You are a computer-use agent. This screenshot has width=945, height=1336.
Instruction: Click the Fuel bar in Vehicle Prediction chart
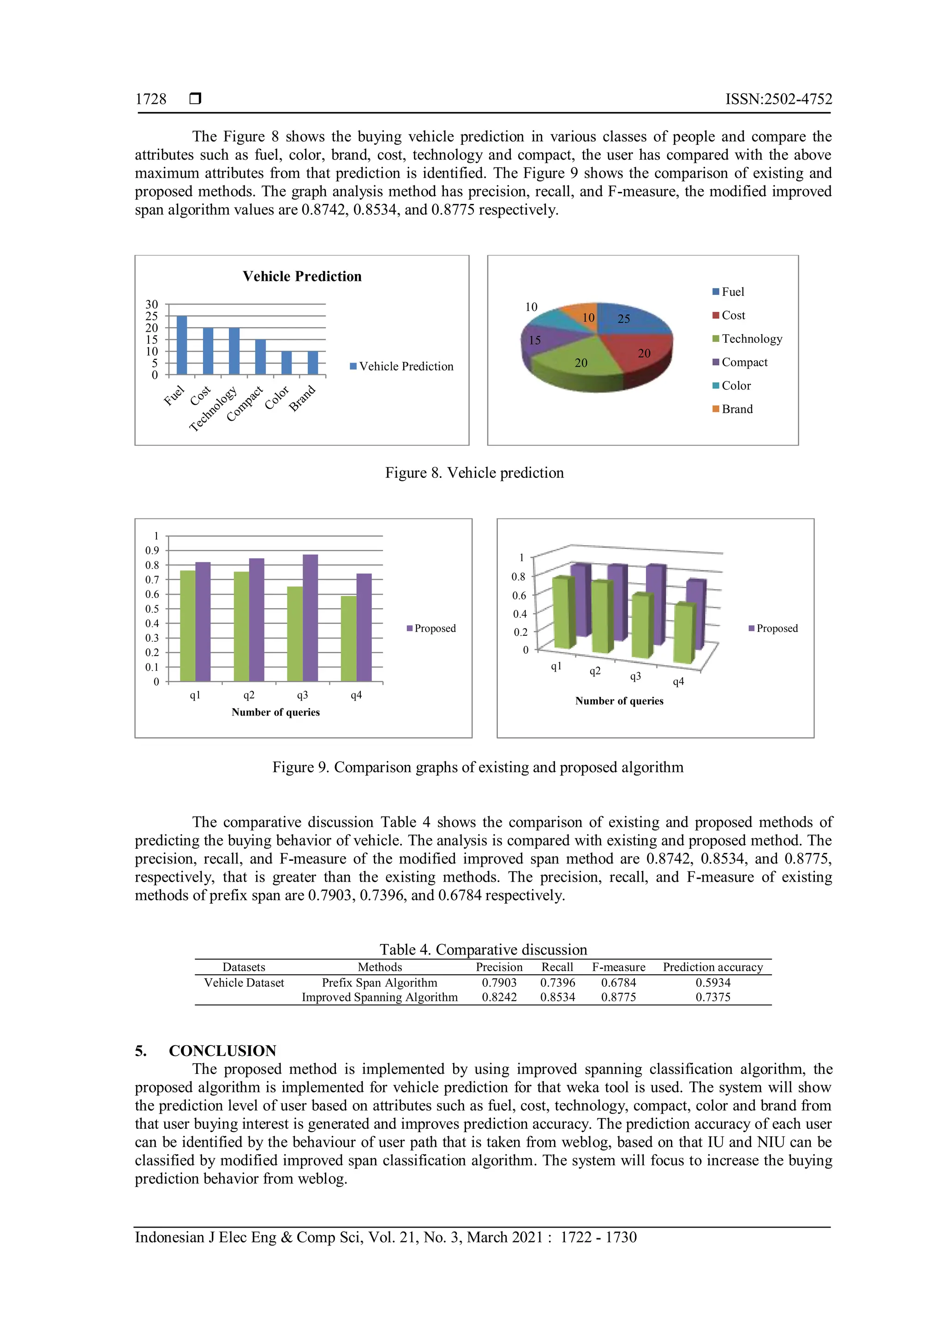click(181, 345)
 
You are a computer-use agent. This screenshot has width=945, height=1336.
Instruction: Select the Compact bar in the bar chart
click(260, 357)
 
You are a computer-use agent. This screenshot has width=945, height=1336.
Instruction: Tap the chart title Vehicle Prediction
click(302, 276)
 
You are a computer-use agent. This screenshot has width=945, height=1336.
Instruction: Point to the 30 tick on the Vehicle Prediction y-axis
click(152, 304)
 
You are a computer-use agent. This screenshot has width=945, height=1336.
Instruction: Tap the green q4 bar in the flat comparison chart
click(348, 638)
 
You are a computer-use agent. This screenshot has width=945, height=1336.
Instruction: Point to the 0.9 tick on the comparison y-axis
click(152, 550)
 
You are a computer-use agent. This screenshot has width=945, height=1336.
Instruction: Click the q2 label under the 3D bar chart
click(595, 671)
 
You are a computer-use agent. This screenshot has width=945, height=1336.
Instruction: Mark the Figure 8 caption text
click(474, 472)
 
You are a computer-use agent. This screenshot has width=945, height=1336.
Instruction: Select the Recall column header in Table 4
click(557, 967)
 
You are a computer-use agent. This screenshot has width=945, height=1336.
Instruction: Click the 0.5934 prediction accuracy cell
click(713, 983)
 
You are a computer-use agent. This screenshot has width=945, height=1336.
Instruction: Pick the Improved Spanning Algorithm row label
click(379, 997)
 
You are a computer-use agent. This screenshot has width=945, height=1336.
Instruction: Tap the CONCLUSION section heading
click(222, 1051)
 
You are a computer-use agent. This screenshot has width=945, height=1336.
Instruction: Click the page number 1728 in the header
click(151, 99)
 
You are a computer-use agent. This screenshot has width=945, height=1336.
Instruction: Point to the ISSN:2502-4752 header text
click(778, 99)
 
